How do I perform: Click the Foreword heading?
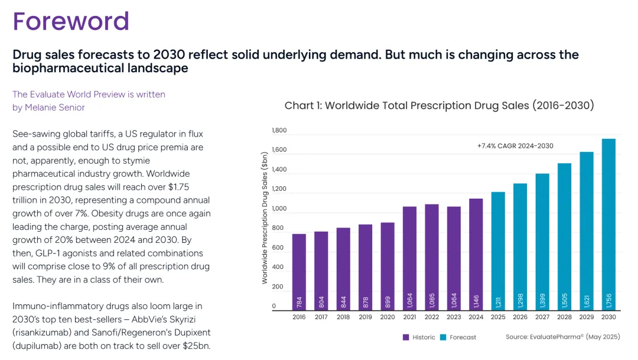pyautogui.click(x=71, y=21)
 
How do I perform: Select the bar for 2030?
pyautogui.click(x=608, y=225)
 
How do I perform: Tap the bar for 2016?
pyautogui.click(x=299, y=272)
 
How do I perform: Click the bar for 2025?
pyautogui.click(x=498, y=251)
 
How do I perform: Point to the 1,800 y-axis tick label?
pyautogui.click(x=279, y=131)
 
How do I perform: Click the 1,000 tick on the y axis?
pyautogui.click(x=279, y=209)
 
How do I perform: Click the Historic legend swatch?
pyautogui.click(x=406, y=338)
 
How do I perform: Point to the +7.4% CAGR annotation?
pyautogui.click(x=515, y=146)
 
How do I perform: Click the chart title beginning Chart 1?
pyautogui.click(x=439, y=106)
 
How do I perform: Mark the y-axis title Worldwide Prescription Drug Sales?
pyautogui.click(x=265, y=217)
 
